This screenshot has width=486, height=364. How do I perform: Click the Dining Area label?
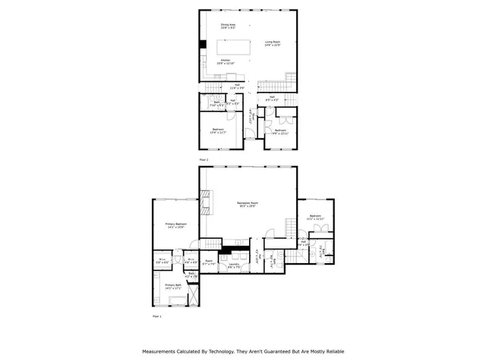click(x=227, y=27)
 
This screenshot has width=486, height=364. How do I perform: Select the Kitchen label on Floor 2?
click(x=226, y=61)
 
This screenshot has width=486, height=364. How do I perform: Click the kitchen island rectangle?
click(x=236, y=40)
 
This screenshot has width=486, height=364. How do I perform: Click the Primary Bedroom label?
click(x=175, y=225)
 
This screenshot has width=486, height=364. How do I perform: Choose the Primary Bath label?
click(x=174, y=287)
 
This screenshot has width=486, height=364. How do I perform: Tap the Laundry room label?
click(x=234, y=266)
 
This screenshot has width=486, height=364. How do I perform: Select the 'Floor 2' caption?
click(x=203, y=161)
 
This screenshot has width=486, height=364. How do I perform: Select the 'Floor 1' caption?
click(x=157, y=315)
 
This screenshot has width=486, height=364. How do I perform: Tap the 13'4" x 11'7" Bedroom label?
click(x=219, y=130)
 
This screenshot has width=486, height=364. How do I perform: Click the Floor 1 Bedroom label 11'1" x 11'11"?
click(x=314, y=218)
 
